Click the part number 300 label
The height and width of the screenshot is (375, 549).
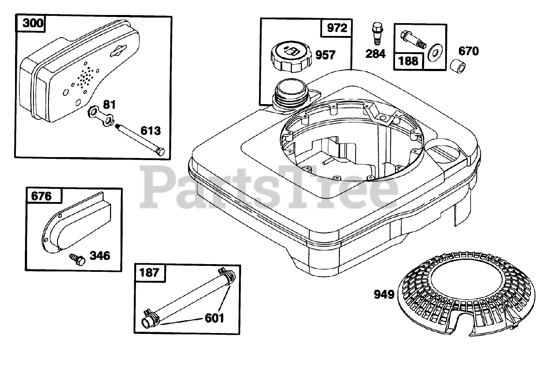pyautogui.click(x=33, y=23)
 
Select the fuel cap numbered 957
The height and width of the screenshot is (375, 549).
pyautogui.click(x=291, y=57)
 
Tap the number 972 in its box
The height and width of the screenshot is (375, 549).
pyautogui.click(x=337, y=28)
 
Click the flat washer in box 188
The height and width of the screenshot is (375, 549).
pyautogui.click(x=435, y=53)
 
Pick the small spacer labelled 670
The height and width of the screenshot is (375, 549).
pyautogui.click(x=458, y=66)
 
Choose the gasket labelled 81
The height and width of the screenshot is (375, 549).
pyautogui.click(x=101, y=116)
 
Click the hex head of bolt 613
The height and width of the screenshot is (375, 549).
pyautogui.click(x=160, y=152)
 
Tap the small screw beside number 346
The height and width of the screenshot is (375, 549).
pyautogui.click(x=77, y=259)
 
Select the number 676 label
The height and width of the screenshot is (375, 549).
pyautogui.click(x=42, y=196)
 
